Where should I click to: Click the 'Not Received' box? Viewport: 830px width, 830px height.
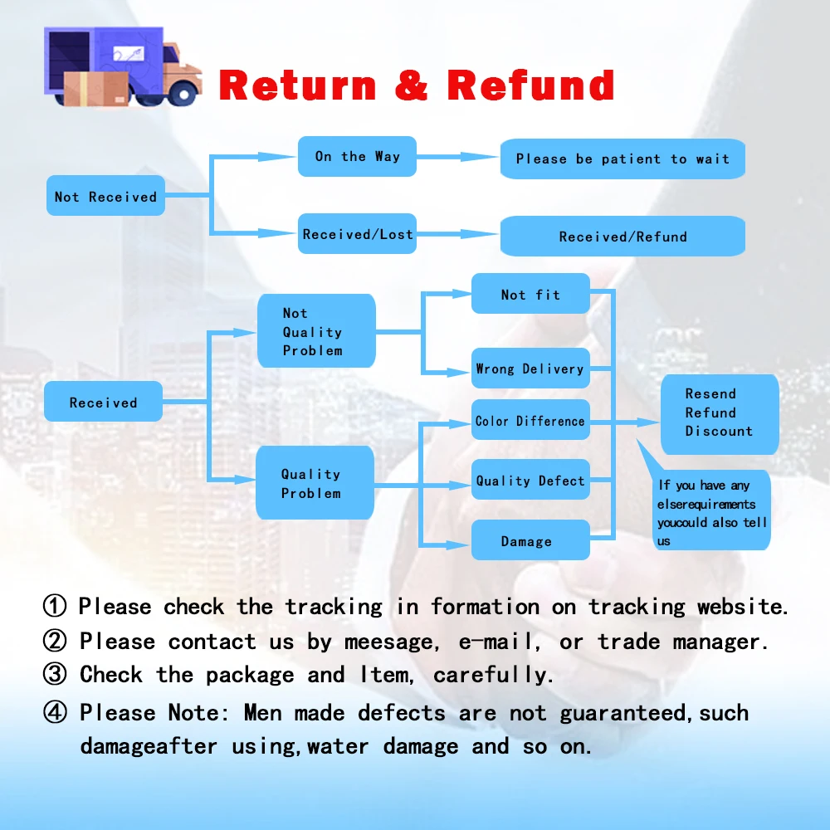[105, 196]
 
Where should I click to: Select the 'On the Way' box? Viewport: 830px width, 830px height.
[357, 156]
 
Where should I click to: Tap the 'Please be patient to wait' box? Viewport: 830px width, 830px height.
[622, 159]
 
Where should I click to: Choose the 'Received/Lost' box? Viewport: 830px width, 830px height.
[357, 234]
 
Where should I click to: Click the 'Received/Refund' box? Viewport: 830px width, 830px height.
[622, 236]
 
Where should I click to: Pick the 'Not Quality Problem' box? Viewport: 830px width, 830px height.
[316, 331]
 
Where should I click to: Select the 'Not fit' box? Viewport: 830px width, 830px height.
[530, 294]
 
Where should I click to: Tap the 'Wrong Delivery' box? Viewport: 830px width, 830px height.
[530, 369]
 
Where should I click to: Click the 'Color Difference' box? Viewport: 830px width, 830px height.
[530, 421]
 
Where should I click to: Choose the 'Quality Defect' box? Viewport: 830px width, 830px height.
[530, 480]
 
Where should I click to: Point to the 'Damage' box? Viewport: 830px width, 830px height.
[530, 540]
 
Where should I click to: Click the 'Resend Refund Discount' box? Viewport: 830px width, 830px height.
[719, 413]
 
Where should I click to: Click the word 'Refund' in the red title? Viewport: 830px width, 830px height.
[530, 85]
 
